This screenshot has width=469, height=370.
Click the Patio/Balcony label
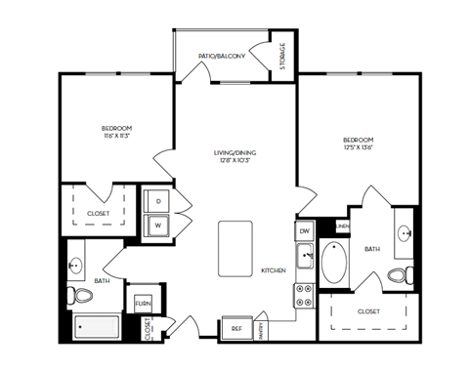pos(221,56)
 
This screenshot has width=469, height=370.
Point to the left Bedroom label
pos(117,128)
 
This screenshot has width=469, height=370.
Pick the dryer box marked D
pos(158,200)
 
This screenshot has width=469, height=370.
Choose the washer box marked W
pos(158,226)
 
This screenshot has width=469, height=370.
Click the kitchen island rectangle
pos(235,249)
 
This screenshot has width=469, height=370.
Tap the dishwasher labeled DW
pos(304,230)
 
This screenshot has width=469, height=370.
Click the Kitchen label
pos(273,270)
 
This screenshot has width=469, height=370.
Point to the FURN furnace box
pos(143,303)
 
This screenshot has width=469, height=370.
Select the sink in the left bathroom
pos(75,265)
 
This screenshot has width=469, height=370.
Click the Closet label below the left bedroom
pos(98,212)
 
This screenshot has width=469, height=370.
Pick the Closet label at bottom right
pos(368,311)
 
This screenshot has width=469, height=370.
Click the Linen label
pos(342,226)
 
